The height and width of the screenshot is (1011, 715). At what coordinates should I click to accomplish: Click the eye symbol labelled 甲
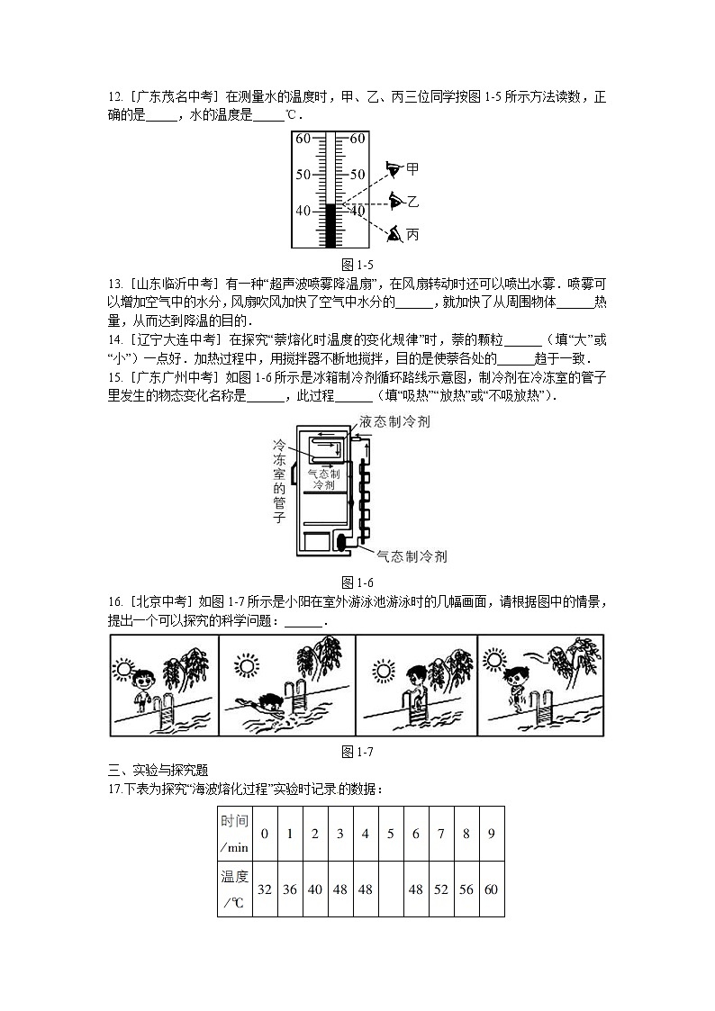click(x=393, y=168)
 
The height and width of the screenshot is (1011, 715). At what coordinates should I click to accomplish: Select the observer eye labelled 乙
click(x=395, y=200)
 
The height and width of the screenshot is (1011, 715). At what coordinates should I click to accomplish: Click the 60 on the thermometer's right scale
click(x=357, y=139)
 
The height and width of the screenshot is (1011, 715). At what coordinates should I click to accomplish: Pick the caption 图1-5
click(x=357, y=265)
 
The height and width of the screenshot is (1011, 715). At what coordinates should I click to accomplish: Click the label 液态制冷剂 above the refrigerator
click(x=401, y=421)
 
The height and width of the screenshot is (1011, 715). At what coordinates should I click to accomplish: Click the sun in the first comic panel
click(x=123, y=668)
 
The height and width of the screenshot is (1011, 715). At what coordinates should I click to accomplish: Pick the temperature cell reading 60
click(x=491, y=889)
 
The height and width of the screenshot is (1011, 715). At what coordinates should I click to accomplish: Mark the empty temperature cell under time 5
click(x=390, y=889)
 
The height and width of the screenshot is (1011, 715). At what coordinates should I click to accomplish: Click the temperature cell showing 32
click(x=265, y=889)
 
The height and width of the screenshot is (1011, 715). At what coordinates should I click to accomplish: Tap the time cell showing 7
click(x=440, y=833)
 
